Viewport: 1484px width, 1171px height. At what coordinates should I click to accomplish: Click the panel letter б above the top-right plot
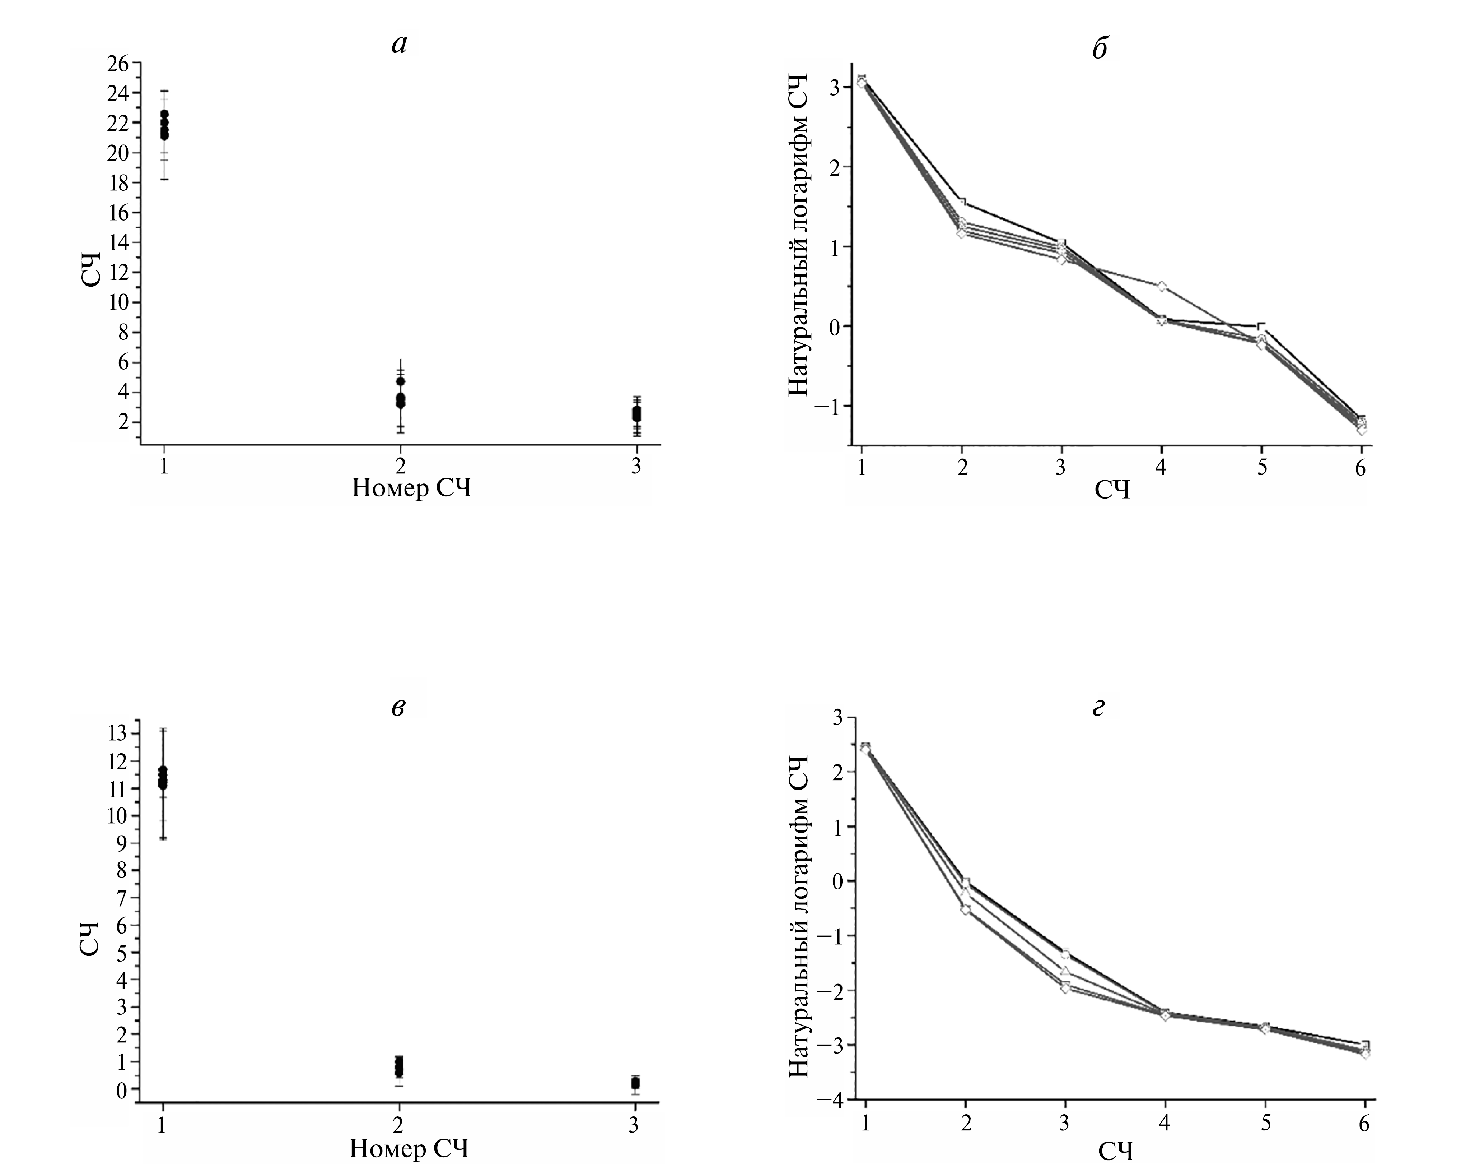click(1100, 49)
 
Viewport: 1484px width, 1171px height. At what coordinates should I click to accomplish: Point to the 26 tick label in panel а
click(118, 63)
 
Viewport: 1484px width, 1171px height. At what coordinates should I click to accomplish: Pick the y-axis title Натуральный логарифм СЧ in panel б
click(799, 235)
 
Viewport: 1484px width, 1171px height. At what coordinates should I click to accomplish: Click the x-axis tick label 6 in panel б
click(1361, 468)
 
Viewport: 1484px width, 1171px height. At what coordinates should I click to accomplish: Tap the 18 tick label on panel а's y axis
click(118, 183)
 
